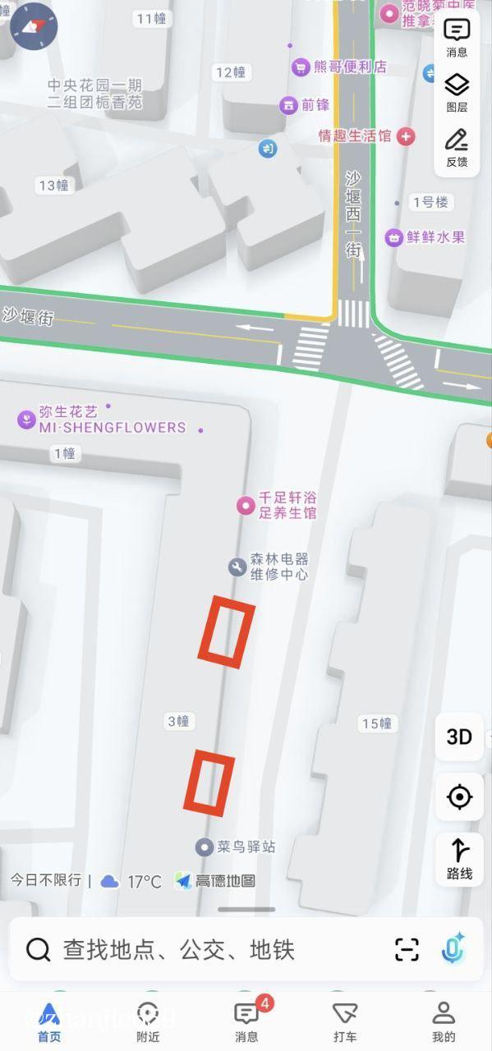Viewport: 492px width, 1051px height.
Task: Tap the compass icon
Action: (34, 26)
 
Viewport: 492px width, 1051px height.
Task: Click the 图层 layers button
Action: (457, 92)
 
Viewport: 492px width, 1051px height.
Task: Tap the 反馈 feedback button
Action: (457, 148)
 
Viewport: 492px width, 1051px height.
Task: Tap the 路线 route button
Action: (459, 858)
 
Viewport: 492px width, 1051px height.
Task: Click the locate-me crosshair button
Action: (459, 796)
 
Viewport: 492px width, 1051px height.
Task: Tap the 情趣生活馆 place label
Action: (355, 135)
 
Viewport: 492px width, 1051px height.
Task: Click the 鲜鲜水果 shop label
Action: (435, 237)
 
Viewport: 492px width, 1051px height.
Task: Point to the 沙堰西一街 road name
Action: (353, 213)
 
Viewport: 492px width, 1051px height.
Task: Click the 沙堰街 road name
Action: (28, 315)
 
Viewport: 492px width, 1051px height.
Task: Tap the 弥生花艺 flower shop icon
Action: (27, 420)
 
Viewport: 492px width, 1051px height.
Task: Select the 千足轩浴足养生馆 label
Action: (287, 505)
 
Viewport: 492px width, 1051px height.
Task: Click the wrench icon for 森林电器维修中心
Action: (237, 567)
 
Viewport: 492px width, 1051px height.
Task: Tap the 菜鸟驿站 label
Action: (246, 847)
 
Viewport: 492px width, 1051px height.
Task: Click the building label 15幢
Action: (377, 723)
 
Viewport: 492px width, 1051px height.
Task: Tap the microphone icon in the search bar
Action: (453, 949)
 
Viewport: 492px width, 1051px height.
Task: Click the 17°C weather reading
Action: (144, 882)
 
